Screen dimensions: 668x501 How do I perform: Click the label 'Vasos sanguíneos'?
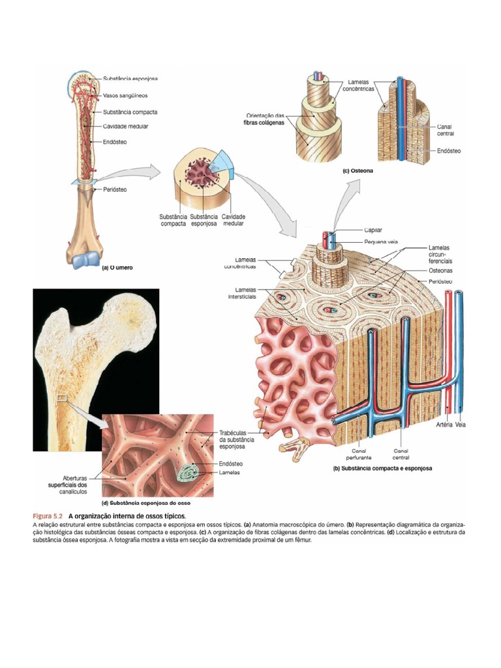(x=125, y=95)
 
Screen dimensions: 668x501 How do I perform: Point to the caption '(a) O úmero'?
(x=117, y=267)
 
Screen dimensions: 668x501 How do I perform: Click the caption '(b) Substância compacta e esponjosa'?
(x=382, y=468)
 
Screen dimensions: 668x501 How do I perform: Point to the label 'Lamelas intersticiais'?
(x=242, y=293)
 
